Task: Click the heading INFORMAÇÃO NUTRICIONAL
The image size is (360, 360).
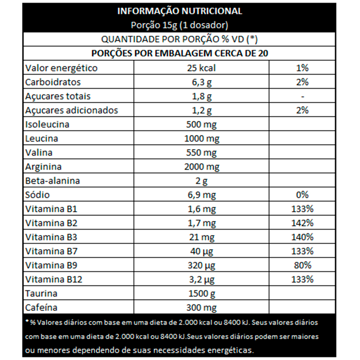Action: tap(180, 11)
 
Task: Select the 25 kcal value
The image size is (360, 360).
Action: tap(201, 68)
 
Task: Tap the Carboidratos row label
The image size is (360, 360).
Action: tap(53, 82)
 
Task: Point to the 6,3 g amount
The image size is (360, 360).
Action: tap(201, 82)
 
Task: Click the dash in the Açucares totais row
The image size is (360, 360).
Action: tap(302, 96)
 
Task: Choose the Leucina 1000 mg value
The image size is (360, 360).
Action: tap(201, 139)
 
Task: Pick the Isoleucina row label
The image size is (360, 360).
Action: tap(47, 125)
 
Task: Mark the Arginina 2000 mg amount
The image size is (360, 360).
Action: tap(201, 167)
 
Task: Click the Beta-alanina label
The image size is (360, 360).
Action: tap(52, 181)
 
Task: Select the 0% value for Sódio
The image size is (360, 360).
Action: tap(302, 195)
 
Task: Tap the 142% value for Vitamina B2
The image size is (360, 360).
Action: tap(302, 223)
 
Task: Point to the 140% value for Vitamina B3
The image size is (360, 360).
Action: tap(302, 237)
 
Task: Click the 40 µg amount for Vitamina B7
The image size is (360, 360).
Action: tap(201, 251)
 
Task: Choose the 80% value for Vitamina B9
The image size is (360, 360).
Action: tap(302, 266)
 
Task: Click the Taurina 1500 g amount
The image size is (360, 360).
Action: tap(201, 294)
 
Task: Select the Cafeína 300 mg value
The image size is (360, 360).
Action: tap(201, 308)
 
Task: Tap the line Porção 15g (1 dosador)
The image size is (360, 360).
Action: tap(180, 25)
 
